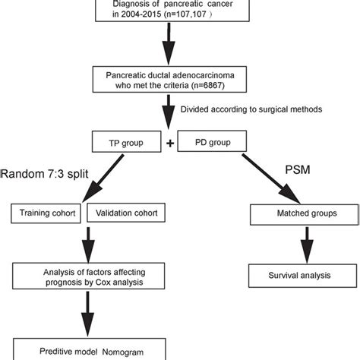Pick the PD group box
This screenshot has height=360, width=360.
[215, 143]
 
